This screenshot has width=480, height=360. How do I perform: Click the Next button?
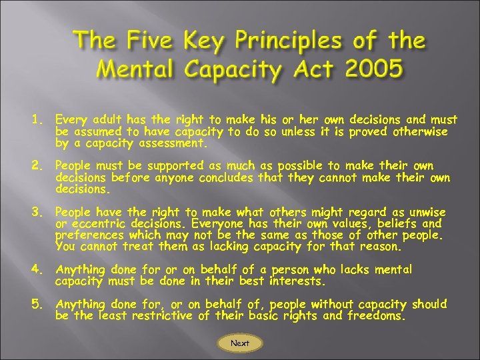click(x=240, y=343)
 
